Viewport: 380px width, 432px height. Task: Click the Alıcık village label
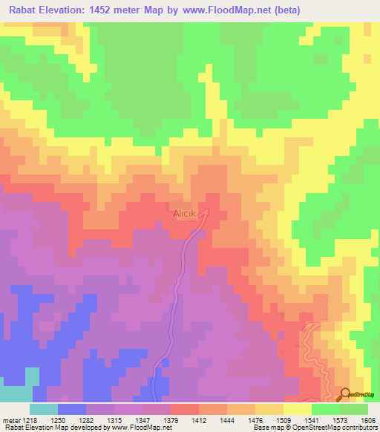(x=185, y=213)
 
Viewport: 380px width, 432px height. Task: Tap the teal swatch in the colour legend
(x=43, y=409)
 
